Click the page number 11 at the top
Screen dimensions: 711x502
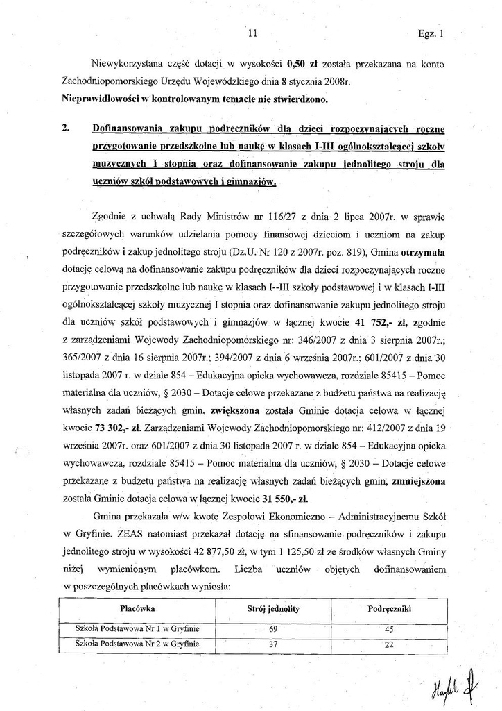[x=252, y=32]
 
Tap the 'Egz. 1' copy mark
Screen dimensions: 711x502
[x=431, y=32]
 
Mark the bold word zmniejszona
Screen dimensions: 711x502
[x=417, y=479]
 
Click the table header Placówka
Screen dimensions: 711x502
[x=137, y=608]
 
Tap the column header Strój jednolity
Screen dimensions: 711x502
[x=273, y=608]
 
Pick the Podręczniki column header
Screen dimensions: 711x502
[x=390, y=608]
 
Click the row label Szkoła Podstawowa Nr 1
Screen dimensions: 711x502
[x=137, y=629]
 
